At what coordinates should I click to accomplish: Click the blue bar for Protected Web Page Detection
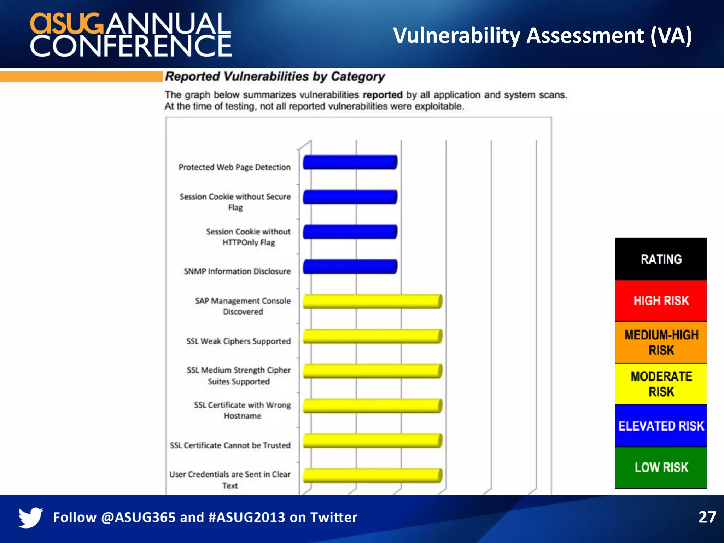pyautogui.click(x=350, y=162)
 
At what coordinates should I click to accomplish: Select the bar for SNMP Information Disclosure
pyautogui.click(x=350, y=267)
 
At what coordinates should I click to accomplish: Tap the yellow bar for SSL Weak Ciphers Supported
pyautogui.click(x=372, y=336)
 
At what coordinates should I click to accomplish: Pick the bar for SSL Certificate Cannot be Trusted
pyautogui.click(x=372, y=440)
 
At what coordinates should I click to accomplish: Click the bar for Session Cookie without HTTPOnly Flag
pyautogui.click(x=350, y=232)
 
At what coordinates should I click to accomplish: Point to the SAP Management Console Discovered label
pyautogui.click(x=243, y=306)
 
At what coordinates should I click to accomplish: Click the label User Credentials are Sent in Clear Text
pyautogui.click(x=230, y=480)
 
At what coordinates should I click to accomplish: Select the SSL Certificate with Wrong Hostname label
pyautogui.click(x=243, y=410)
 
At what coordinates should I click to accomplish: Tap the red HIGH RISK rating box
pyautogui.click(x=661, y=301)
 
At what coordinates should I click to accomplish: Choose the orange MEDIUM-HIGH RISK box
pyautogui.click(x=661, y=343)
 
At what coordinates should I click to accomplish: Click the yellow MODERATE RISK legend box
pyautogui.click(x=661, y=384)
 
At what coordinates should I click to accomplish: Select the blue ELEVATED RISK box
pyautogui.click(x=661, y=426)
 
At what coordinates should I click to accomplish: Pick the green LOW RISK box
pyautogui.click(x=661, y=467)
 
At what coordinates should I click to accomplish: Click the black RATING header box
pyautogui.click(x=661, y=259)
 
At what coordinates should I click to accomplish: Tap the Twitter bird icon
pyautogui.click(x=30, y=517)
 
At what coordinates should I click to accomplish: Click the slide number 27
pyautogui.click(x=707, y=517)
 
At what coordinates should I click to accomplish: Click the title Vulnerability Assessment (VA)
pyautogui.click(x=542, y=35)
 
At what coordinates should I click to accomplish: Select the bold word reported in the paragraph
pyautogui.click(x=383, y=95)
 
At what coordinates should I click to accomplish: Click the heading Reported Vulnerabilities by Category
pyautogui.click(x=275, y=76)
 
